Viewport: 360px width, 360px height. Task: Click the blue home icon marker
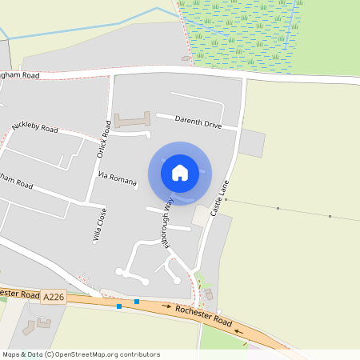click(180, 173)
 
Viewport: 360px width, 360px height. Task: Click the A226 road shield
click(54, 298)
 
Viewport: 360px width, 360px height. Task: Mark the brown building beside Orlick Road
click(132, 121)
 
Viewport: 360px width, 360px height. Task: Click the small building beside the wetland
click(186, 58)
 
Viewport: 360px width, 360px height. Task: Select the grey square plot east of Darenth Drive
click(252, 143)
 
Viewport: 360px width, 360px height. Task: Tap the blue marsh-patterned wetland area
click(240, 32)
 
